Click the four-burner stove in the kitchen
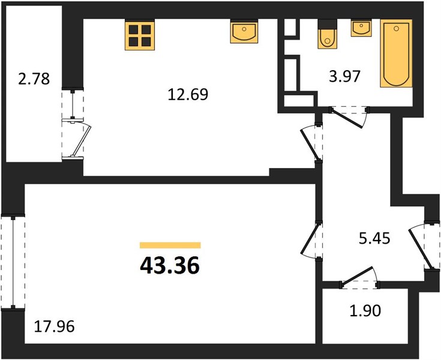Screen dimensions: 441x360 (140, 35)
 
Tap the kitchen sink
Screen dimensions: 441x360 (244, 31)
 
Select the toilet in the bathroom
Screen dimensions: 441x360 (328, 34)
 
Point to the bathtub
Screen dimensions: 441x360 (396, 53)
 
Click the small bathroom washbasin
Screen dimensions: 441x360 (361, 28)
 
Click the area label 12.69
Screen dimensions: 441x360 (188, 94)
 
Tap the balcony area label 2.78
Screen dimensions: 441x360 (34, 79)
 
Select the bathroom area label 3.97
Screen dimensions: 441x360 (345, 76)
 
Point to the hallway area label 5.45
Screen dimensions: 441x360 (374, 239)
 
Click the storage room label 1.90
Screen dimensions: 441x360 (365, 311)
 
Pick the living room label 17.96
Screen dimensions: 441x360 (54, 326)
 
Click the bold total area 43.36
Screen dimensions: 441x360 (170, 265)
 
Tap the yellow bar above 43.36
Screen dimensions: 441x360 (170, 245)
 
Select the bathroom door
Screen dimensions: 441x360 (349, 117)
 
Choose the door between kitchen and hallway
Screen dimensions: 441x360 (311, 143)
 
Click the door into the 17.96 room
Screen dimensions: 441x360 (311, 239)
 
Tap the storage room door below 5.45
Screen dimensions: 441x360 (360, 278)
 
